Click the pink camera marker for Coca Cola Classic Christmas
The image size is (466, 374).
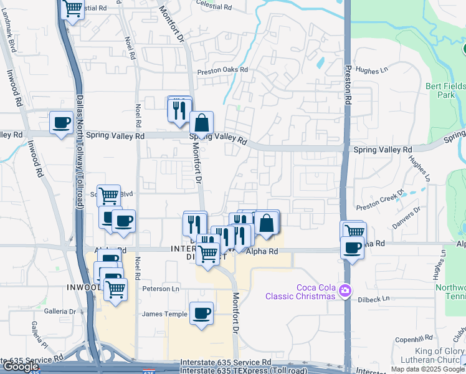[344, 290]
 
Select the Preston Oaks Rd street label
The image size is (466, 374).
[222, 70]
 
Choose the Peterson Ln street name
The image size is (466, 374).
[161, 289]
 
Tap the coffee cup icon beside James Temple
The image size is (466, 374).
[201, 313]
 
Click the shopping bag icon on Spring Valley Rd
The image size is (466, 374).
[201, 122]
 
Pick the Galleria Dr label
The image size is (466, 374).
[59, 311]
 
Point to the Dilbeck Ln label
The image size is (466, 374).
[374, 300]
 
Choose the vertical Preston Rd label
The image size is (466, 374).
[348, 80]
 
